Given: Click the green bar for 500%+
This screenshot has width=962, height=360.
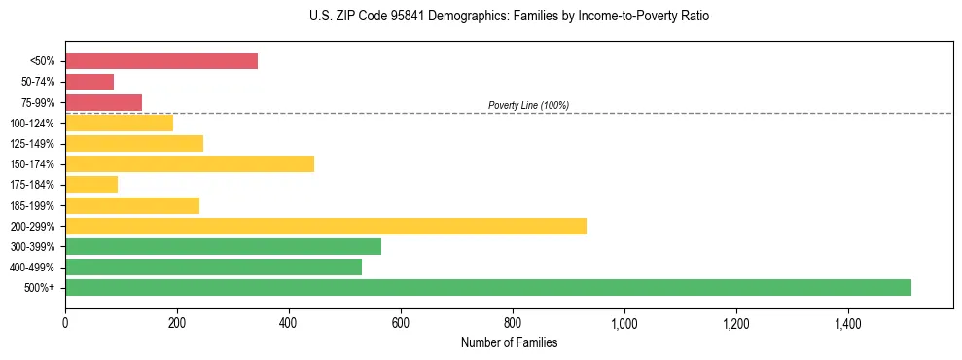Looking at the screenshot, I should point(488,287).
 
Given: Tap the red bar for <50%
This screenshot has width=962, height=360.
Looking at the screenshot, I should point(161,61).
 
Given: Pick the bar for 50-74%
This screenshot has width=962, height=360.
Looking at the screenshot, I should point(89,82).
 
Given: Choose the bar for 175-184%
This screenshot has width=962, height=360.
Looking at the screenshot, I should point(91,185).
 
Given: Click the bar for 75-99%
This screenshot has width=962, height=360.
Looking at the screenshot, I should point(103,102).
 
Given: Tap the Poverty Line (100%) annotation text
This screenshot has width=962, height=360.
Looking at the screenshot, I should point(528,105).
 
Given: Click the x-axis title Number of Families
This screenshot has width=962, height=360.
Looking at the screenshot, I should point(509,342).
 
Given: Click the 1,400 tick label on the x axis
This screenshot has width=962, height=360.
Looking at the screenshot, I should point(847,322).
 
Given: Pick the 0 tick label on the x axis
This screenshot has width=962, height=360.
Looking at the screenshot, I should point(65,322).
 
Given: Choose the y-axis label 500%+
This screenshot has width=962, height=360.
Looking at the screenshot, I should point(40,288).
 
